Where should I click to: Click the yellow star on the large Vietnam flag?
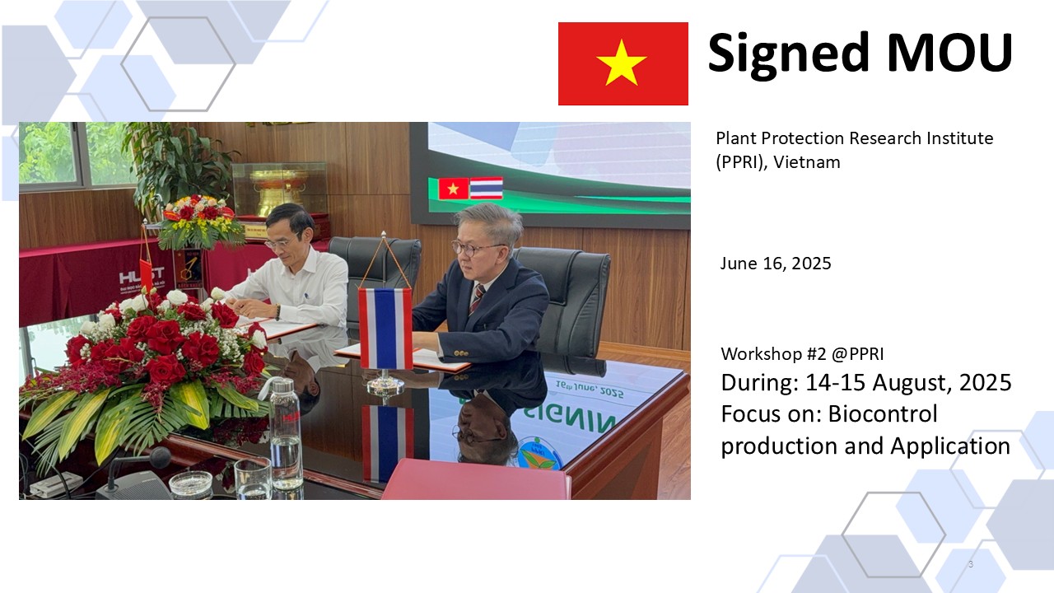(x=621, y=63)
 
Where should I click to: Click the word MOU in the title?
(x=949, y=52)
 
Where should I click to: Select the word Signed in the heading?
(x=788, y=54)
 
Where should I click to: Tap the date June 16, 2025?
(x=776, y=264)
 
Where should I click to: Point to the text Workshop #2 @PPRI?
(x=802, y=354)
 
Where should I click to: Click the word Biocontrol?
(x=883, y=413)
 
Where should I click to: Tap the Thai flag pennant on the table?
(x=385, y=328)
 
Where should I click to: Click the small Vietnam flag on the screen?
(x=454, y=189)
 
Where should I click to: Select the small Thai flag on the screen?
(x=486, y=188)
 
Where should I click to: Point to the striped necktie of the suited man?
(x=477, y=299)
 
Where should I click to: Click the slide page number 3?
(x=971, y=564)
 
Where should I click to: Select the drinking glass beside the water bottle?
(x=253, y=479)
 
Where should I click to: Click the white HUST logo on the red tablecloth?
(x=141, y=275)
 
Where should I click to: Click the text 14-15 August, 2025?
(x=908, y=383)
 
